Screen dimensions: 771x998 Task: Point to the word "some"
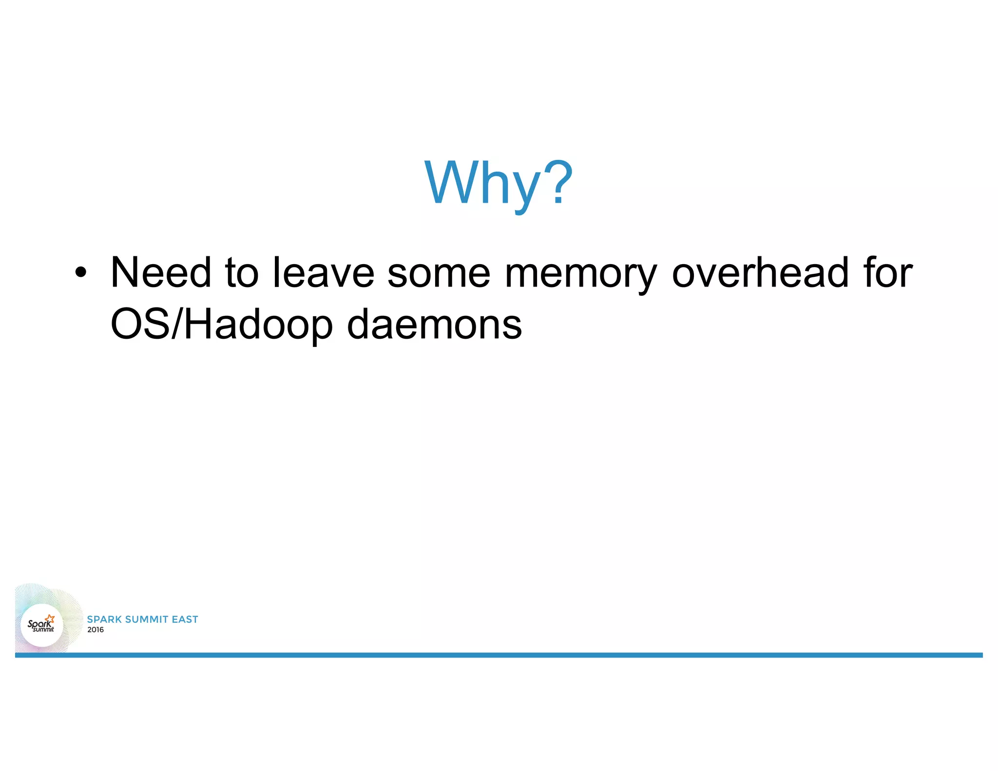(x=439, y=273)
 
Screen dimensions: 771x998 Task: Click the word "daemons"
(x=434, y=325)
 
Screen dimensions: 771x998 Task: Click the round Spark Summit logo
(x=42, y=625)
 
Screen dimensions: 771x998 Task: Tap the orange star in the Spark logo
(x=50, y=619)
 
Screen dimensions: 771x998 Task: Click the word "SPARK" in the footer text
(x=104, y=619)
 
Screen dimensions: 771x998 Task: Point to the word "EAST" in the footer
(x=185, y=619)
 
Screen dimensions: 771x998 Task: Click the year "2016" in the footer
(x=96, y=630)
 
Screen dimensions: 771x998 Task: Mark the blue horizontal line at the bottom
(x=499, y=655)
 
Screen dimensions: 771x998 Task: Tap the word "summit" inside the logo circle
(x=43, y=629)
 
